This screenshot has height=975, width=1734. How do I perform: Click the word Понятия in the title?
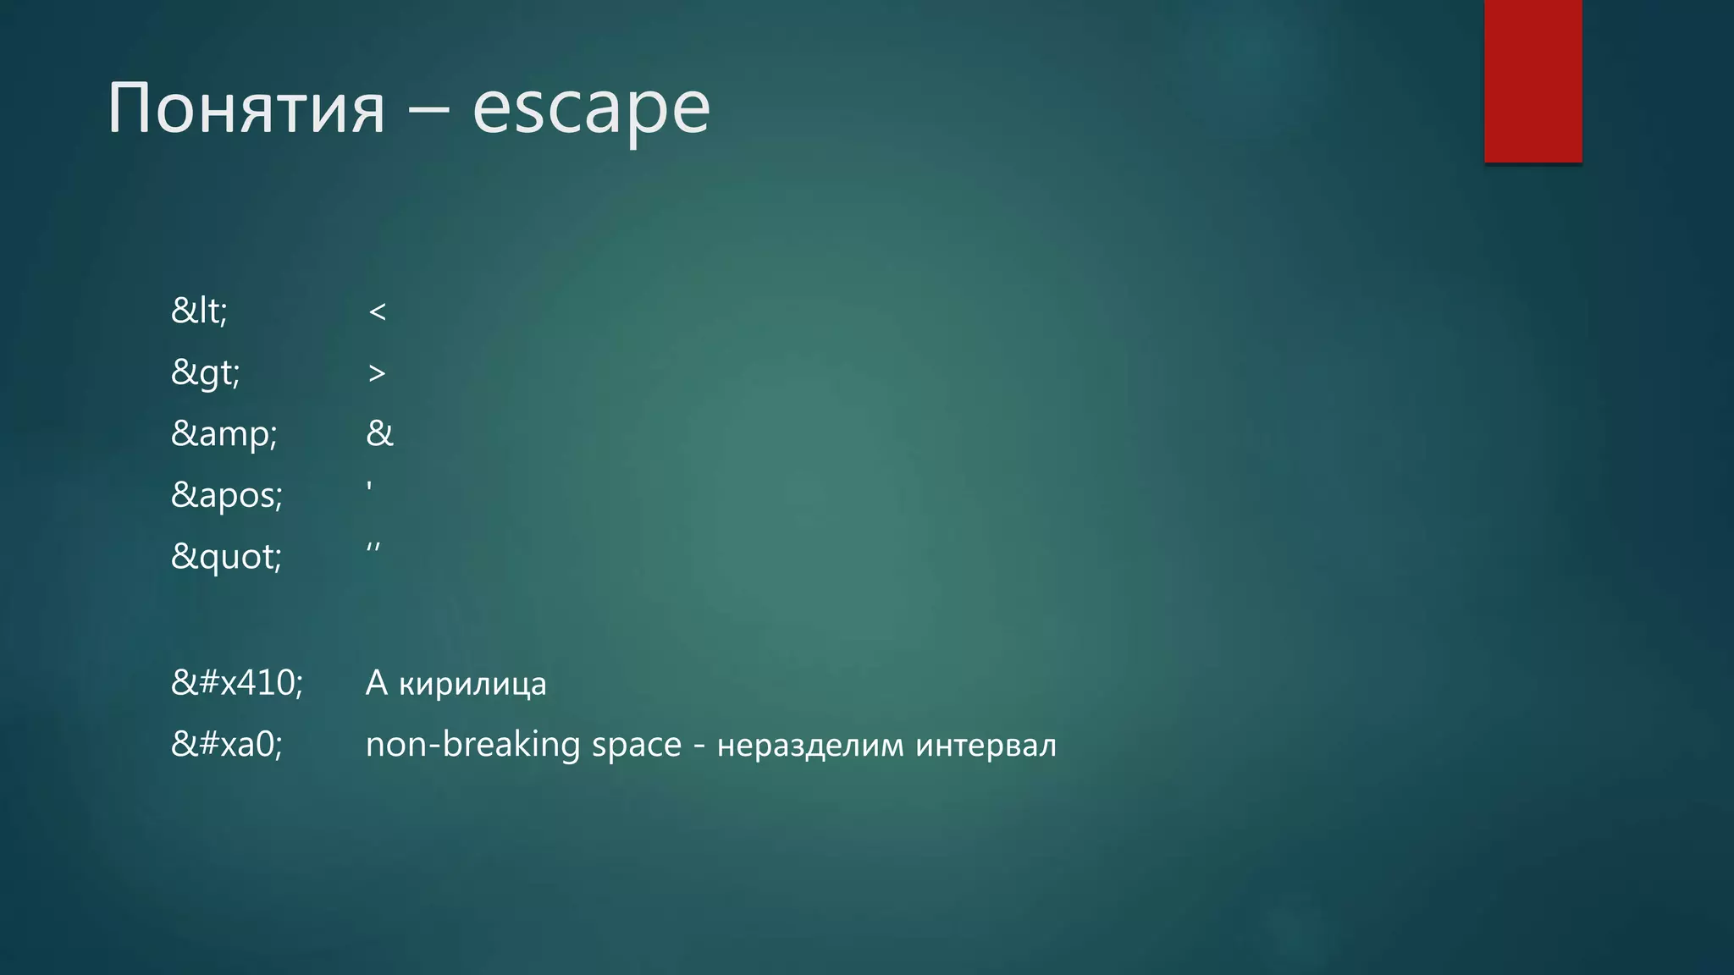coord(246,108)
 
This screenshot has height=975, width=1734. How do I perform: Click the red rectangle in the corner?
coord(1532,80)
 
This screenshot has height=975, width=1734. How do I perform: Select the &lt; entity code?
coord(199,311)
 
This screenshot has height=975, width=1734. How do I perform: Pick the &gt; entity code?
coord(206,372)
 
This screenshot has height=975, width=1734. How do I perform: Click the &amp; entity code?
coord(224,434)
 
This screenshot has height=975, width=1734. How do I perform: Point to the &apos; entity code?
coord(226,495)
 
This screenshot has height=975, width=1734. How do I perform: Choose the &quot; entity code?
coord(226,557)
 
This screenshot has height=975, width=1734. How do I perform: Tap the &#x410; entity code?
coord(236,682)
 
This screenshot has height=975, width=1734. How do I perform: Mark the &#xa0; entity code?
coord(226,745)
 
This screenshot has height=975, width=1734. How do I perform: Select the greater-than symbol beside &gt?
coord(377,373)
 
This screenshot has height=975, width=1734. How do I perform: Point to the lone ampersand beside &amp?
coord(379,433)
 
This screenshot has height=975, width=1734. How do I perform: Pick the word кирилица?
coord(472,684)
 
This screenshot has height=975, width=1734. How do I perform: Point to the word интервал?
coord(986,746)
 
